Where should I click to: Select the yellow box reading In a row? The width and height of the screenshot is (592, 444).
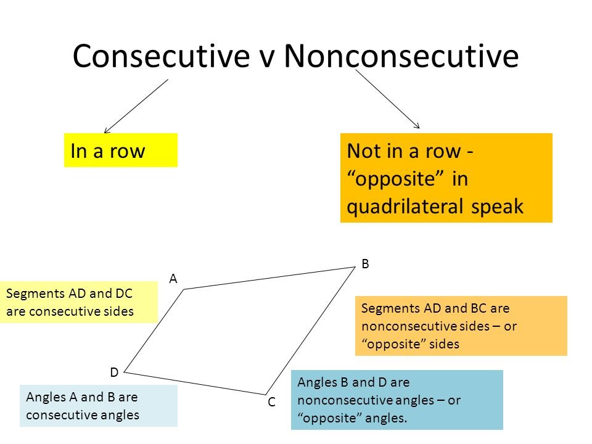pos(120,150)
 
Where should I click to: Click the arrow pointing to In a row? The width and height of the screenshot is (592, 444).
pos(136,105)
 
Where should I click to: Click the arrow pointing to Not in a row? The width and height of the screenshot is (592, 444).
pos(387,99)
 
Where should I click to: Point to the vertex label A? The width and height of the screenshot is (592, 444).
pos(173,279)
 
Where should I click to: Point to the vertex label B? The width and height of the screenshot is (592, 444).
pos(365,263)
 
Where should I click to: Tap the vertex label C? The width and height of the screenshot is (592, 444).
pos(271,402)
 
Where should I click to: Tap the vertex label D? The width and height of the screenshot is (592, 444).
pos(114,372)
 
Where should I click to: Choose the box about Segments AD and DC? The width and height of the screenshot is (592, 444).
pos(79,303)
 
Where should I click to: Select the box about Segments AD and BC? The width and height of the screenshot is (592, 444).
pos(461,326)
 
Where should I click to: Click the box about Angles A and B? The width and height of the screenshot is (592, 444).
pos(99,406)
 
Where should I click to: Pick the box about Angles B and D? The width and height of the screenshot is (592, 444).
pos(397,400)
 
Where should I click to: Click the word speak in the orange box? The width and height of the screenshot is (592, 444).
pos(498,207)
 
